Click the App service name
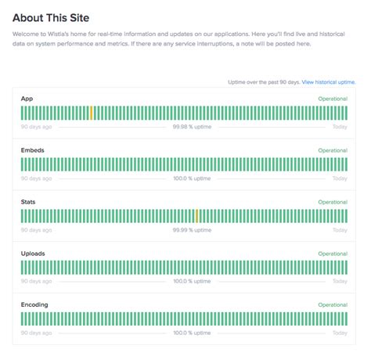pyautogui.click(x=27, y=99)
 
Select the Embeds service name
pyautogui.click(x=32, y=150)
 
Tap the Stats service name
pyautogui.click(x=29, y=202)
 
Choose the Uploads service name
pyautogui.click(x=33, y=254)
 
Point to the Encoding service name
pyautogui.click(x=34, y=305)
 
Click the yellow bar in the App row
pyautogui.click(x=92, y=113)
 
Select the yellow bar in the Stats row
pyautogui.click(x=196, y=216)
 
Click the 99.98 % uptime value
pyautogui.click(x=192, y=126)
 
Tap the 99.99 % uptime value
pyautogui.click(x=192, y=229)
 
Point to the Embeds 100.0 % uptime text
pyautogui.click(x=192, y=178)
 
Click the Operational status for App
pyautogui.click(x=333, y=99)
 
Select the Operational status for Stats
pyautogui.click(x=333, y=202)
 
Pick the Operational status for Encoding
pyautogui.click(x=333, y=305)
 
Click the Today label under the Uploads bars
pyautogui.click(x=340, y=281)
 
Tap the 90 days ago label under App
pyautogui.click(x=37, y=126)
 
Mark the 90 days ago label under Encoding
pyautogui.click(x=37, y=333)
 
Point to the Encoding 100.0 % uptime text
pyautogui.click(x=192, y=333)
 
